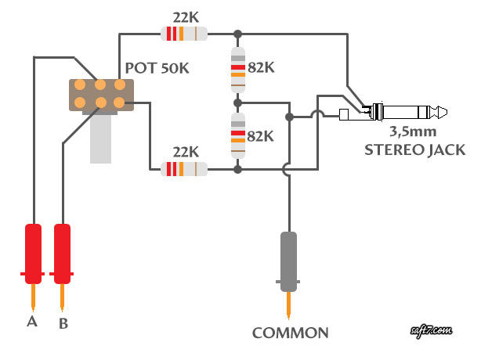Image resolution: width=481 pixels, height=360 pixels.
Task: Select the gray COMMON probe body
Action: pyautogui.click(x=288, y=261)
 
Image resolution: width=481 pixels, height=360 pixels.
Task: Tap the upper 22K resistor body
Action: pyautogui.click(x=184, y=34)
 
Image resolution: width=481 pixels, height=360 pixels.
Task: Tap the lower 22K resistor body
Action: pyautogui.click(x=184, y=169)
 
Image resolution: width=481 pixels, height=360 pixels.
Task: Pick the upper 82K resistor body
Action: pyautogui.click(x=237, y=70)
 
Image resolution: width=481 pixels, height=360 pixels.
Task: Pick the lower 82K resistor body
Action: pyautogui.click(x=237, y=135)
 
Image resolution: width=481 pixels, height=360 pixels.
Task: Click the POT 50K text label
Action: pyautogui.click(x=157, y=68)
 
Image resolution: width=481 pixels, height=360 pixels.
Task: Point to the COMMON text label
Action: pyautogui.click(x=290, y=333)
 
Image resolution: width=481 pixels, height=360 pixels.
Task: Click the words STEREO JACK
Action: pyautogui.click(x=414, y=149)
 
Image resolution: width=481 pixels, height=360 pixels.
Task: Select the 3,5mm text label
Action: pyautogui.click(x=413, y=131)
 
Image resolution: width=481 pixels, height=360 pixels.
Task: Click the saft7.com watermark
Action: pyautogui.click(x=431, y=330)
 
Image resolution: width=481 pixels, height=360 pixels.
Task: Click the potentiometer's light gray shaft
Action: pyautogui.click(x=100, y=139)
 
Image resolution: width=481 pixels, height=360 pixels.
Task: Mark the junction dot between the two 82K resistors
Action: pyautogui.click(x=237, y=103)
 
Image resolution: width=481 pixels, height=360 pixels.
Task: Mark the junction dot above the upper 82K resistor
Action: pyautogui.click(x=237, y=34)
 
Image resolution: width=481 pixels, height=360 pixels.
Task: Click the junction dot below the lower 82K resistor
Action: pyautogui.click(x=237, y=169)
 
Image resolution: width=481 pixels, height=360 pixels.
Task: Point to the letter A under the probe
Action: pyautogui.click(x=32, y=322)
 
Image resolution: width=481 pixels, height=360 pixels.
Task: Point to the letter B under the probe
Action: pyautogui.click(x=63, y=323)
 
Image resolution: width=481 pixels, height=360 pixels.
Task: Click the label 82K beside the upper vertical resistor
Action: pyautogui.click(x=261, y=67)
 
